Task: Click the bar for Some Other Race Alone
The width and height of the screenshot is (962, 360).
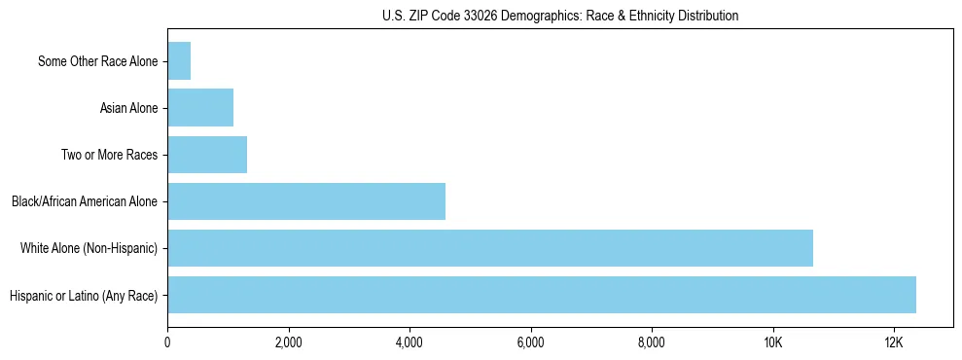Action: click(x=179, y=61)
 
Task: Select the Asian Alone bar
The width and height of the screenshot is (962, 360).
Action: click(x=200, y=108)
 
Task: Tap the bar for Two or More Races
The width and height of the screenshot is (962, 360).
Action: click(x=207, y=155)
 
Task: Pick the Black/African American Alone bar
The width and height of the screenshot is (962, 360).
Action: click(x=306, y=201)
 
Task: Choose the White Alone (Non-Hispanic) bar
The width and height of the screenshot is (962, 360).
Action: click(x=490, y=248)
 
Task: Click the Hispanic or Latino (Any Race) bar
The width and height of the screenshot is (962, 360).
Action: click(x=542, y=295)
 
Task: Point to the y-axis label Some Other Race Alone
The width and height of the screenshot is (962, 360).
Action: click(x=97, y=62)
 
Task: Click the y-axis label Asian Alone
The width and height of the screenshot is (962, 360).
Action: click(x=128, y=108)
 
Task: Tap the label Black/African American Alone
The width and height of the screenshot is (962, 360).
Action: click(x=85, y=202)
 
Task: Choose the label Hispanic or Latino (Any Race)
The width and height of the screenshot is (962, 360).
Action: click(x=83, y=296)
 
